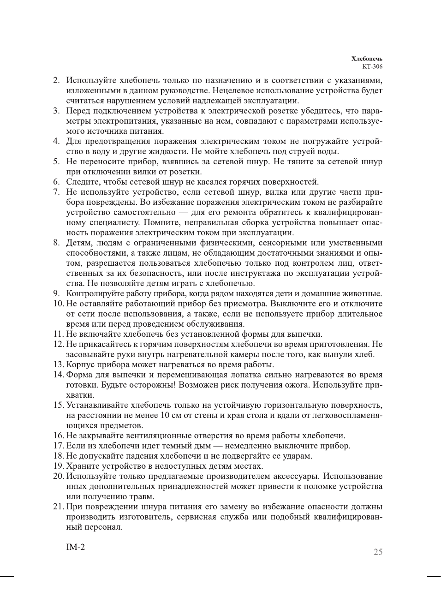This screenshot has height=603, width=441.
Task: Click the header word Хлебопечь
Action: point(367,59)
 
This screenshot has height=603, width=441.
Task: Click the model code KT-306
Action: point(372,66)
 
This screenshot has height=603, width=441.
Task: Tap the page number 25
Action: point(378,552)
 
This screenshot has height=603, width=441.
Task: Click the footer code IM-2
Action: point(76,548)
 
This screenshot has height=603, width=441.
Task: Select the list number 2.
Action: point(56,81)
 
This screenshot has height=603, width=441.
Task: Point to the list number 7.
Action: point(56,192)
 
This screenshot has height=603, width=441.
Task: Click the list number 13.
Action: point(58,365)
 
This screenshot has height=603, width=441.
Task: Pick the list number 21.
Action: point(58,507)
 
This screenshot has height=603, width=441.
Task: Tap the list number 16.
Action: point(58,436)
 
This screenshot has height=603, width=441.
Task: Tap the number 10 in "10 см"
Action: point(165,416)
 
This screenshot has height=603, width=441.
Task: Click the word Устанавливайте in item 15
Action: point(97,406)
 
